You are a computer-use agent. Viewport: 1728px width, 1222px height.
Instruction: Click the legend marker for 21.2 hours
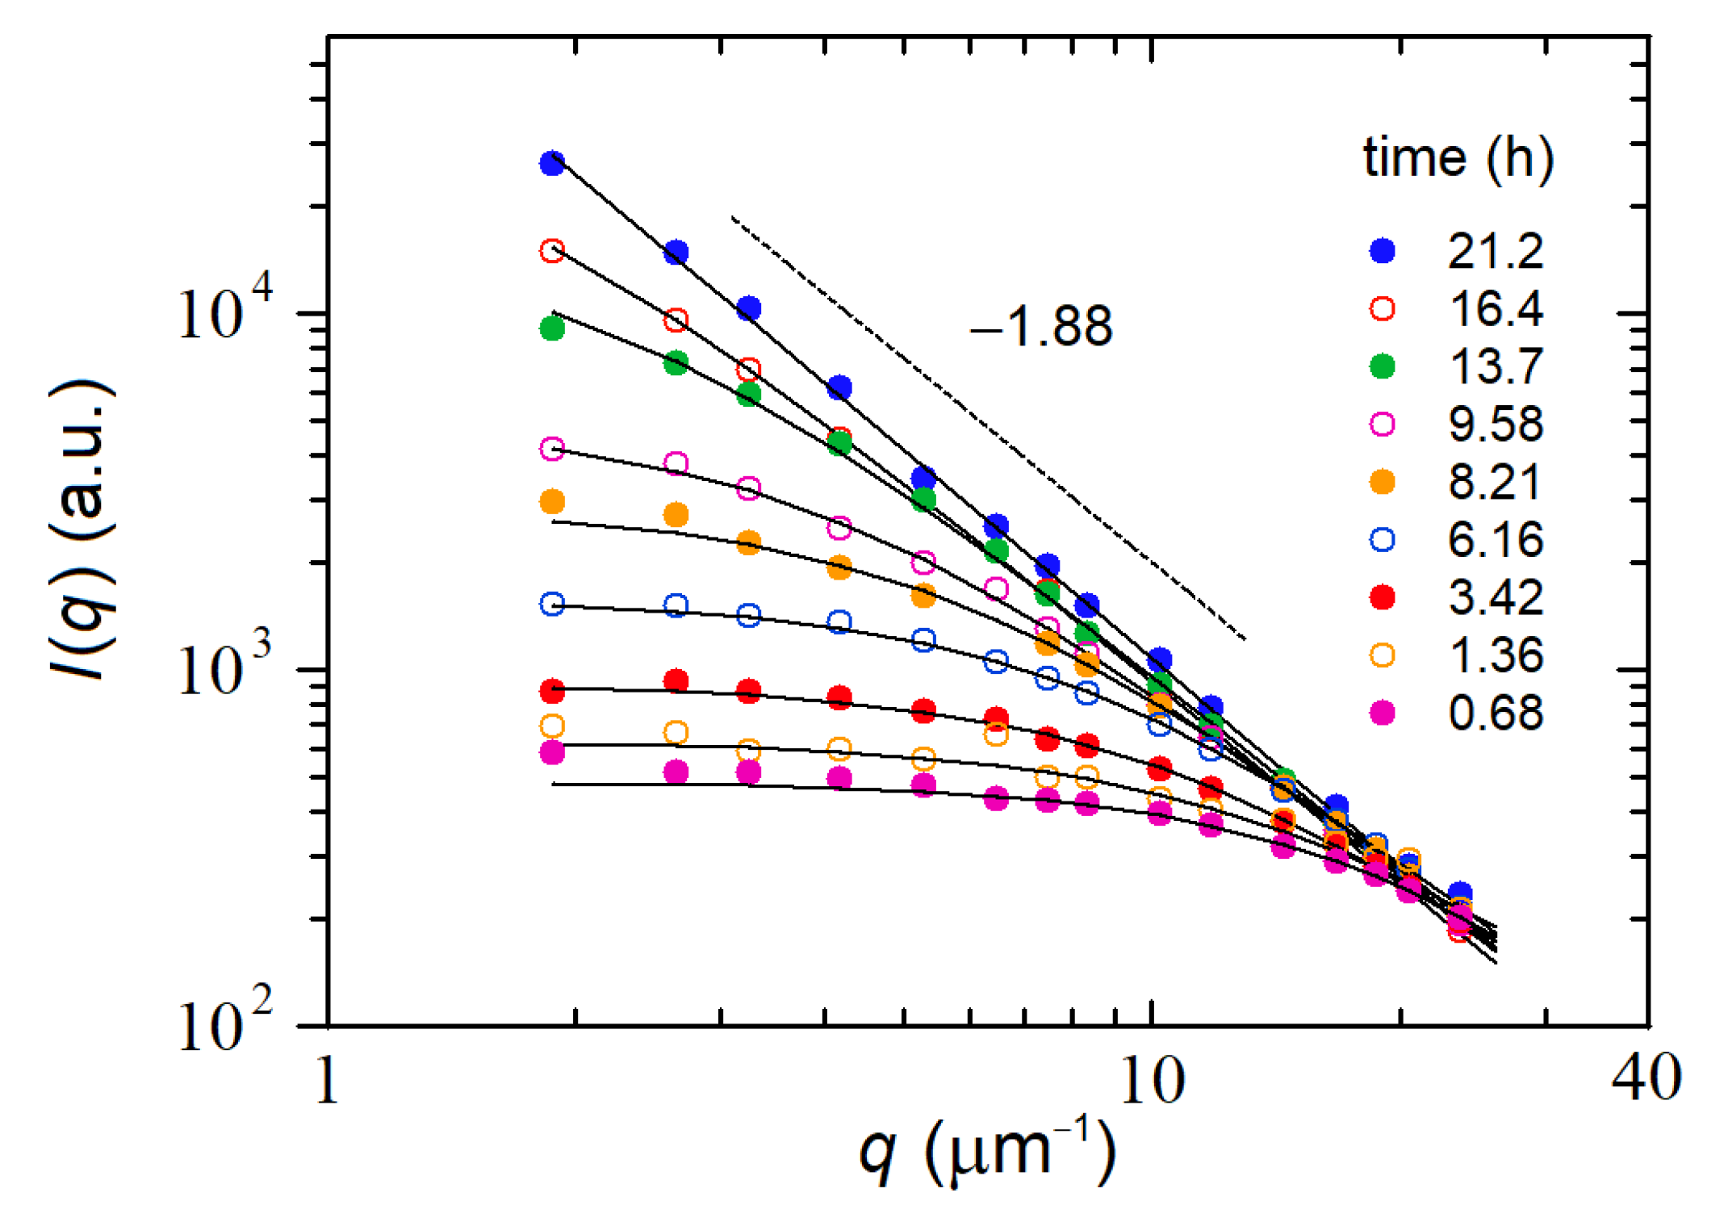[1382, 251]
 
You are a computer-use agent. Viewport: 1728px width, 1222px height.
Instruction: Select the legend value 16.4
[1496, 309]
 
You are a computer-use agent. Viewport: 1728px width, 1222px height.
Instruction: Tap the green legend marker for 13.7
[1382, 366]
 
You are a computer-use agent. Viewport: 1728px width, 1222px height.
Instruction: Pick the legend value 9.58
[1496, 425]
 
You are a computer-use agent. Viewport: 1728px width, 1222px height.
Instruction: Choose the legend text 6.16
[1496, 540]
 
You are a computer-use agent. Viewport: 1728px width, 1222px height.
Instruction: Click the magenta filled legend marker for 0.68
[1382, 713]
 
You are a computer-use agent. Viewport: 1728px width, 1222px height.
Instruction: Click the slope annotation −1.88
[1040, 327]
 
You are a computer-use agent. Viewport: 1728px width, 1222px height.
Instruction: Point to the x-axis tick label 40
[1646, 1078]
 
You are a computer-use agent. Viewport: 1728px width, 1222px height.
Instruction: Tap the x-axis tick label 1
[327, 1081]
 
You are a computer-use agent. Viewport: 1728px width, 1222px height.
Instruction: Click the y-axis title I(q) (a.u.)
[81, 529]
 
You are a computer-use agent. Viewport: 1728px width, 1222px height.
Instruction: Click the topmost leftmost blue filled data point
[552, 163]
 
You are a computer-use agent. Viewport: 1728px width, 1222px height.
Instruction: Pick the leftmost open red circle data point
[552, 251]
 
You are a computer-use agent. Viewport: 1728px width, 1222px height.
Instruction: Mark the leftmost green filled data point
[552, 329]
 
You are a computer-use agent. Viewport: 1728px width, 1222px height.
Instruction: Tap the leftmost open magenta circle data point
[552, 449]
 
